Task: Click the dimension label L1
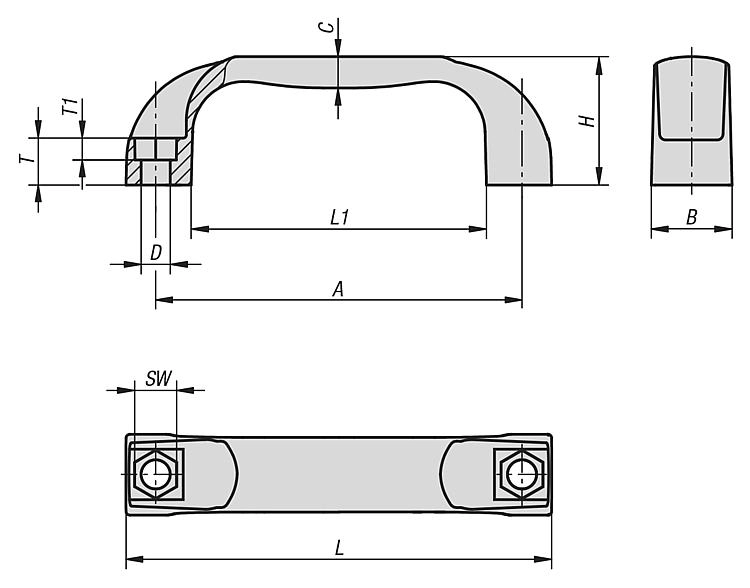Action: [339, 216]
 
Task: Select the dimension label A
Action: [338, 288]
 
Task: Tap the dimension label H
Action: [589, 121]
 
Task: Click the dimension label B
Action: [692, 217]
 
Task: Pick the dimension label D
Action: [156, 253]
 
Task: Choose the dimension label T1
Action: [69, 108]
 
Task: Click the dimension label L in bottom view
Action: [340, 548]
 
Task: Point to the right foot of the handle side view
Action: [519, 160]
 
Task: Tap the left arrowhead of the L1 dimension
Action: [196, 230]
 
